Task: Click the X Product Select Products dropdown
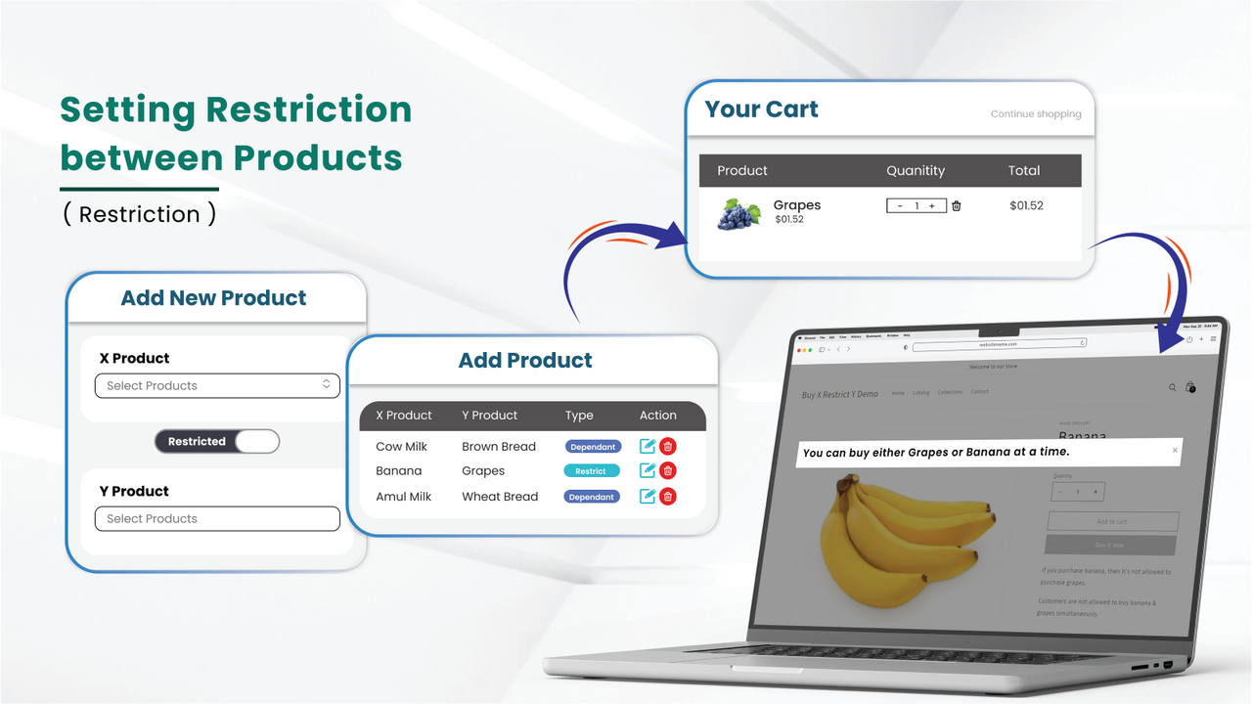pos(217,385)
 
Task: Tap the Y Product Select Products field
pos(217,518)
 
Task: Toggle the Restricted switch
pos(217,441)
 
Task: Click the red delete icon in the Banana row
pos(668,470)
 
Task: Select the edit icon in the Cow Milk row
pos(647,446)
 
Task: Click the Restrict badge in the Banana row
pos(591,471)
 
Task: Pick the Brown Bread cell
pos(499,446)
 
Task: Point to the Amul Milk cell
pos(403,497)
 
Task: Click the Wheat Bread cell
pos(500,497)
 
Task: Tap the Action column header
pos(658,416)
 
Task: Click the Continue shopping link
pos(1036,113)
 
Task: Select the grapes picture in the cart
pos(738,214)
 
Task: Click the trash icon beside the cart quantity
pos(957,206)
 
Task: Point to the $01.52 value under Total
pos(1026,206)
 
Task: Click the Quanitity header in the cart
pos(916,170)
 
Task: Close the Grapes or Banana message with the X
pos(1176,451)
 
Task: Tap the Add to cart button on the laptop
pos(1112,522)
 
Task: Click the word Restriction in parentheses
pos(139,214)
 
